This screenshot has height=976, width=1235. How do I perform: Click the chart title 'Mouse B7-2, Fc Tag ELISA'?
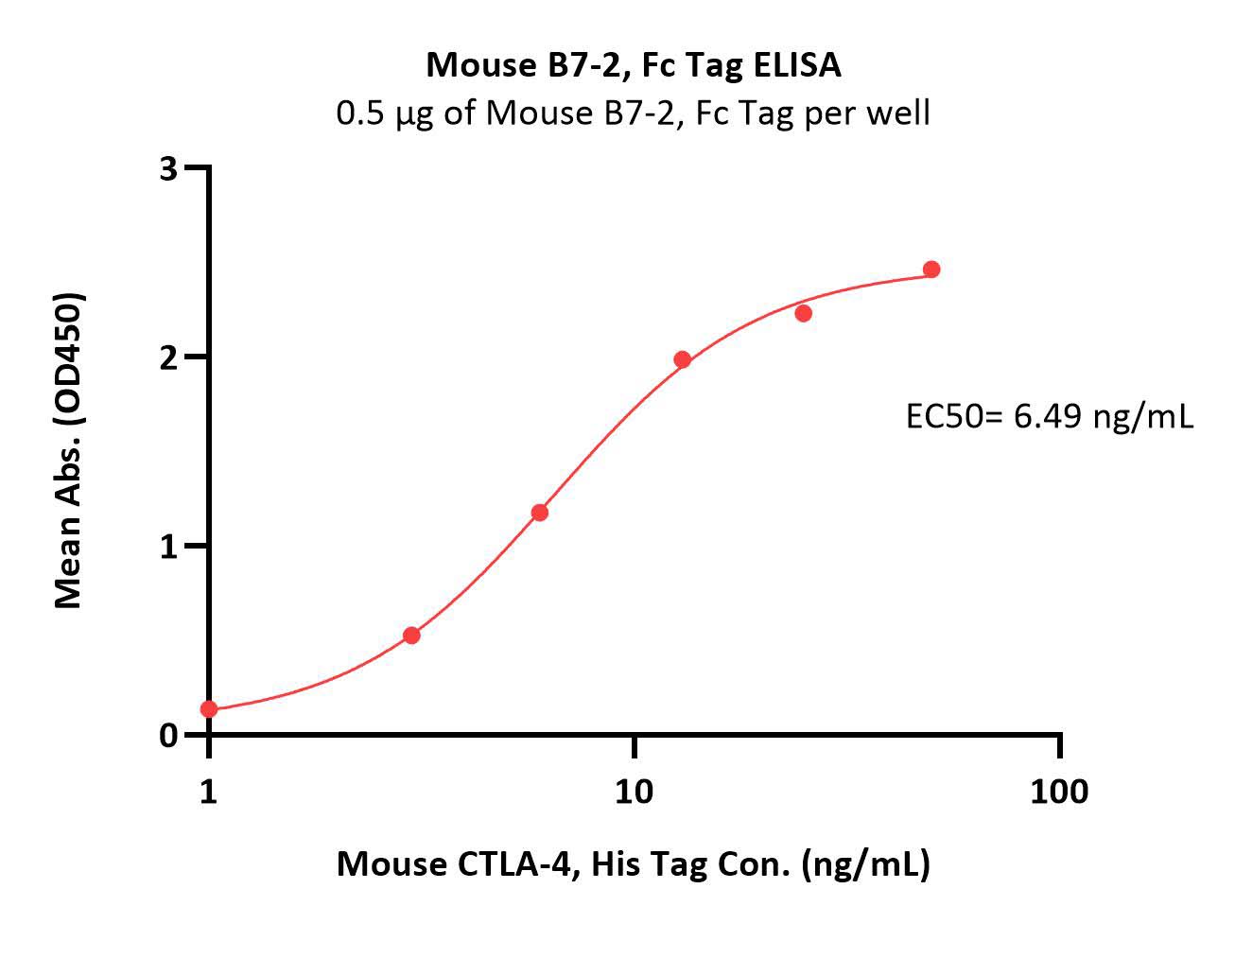point(634,66)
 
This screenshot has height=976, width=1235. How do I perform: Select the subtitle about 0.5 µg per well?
point(633,113)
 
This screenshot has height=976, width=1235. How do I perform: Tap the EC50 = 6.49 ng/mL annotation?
point(1050,417)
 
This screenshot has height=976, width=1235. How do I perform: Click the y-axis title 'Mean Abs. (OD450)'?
point(68,451)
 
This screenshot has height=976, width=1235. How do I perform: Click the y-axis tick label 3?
point(168,168)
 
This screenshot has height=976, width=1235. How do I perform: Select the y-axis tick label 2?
point(168,358)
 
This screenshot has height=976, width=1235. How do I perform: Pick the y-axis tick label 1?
point(168,548)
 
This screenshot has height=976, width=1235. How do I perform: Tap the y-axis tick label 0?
point(168,736)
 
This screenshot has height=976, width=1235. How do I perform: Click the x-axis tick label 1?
point(208,793)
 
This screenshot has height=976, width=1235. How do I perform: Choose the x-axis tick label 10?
point(634,793)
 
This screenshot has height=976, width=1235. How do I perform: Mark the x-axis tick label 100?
point(1059,793)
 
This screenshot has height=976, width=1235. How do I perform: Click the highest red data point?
point(931,270)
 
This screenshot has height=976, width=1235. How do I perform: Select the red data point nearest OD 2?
point(683,360)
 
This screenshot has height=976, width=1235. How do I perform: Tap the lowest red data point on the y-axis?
point(209,709)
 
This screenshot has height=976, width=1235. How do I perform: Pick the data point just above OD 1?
point(539,513)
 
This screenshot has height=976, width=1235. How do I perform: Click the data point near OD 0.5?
point(411,636)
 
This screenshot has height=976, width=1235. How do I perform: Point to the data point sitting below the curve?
point(804,313)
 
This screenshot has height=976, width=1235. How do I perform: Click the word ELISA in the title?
point(797,65)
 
